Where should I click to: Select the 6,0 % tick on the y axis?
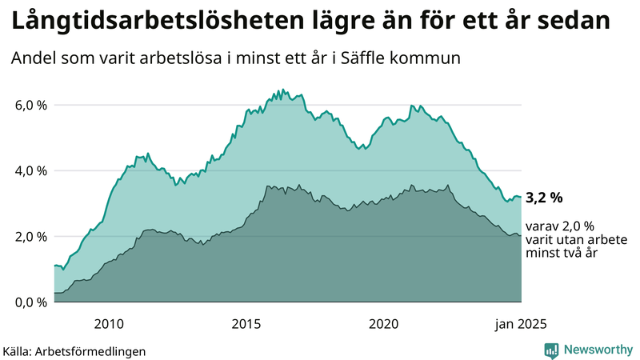[x=31, y=105]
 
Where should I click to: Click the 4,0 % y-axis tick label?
[x=31, y=170]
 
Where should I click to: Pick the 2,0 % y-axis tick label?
[x=31, y=236]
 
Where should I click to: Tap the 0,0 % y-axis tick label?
[x=31, y=302]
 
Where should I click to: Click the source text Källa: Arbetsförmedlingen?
[x=74, y=350]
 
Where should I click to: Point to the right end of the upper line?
[x=521, y=197]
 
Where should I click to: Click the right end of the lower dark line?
[x=521, y=236]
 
